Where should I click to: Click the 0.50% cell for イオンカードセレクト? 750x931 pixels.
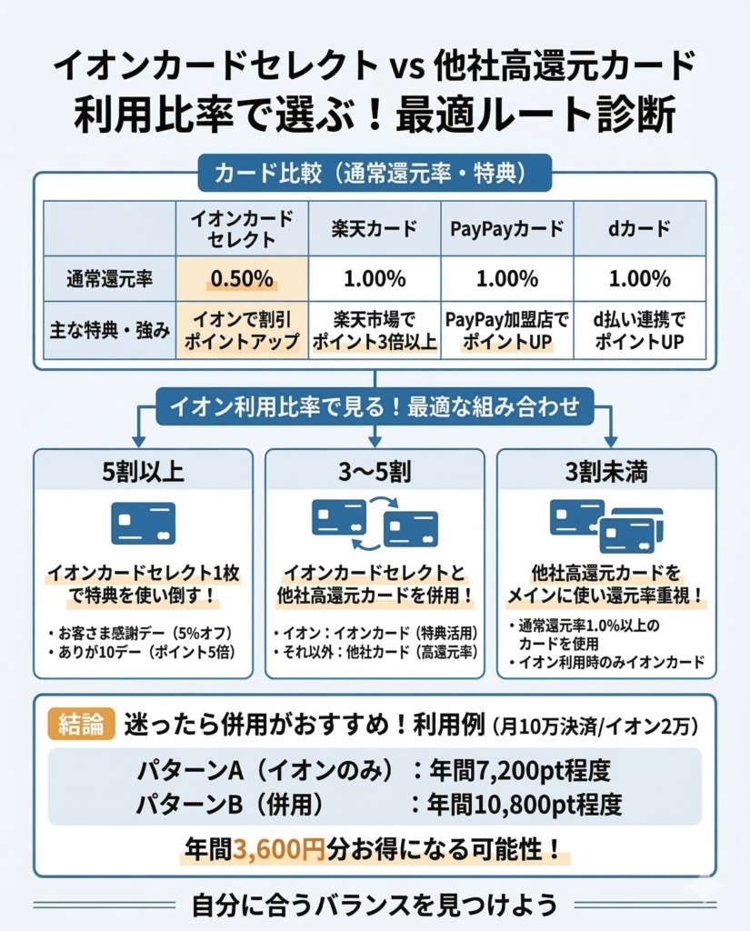(x=242, y=278)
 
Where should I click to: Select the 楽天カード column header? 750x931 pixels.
(x=375, y=227)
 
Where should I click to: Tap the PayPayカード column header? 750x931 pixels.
(x=506, y=227)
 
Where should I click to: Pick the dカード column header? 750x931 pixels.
(x=639, y=227)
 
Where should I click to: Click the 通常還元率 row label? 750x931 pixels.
(x=109, y=278)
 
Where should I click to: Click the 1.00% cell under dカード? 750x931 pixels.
(x=639, y=278)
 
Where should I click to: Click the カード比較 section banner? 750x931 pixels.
(x=375, y=172)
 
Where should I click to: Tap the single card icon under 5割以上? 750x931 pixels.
(x=143, y=523)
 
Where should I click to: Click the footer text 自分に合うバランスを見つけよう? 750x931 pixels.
(x=375, y=906)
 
